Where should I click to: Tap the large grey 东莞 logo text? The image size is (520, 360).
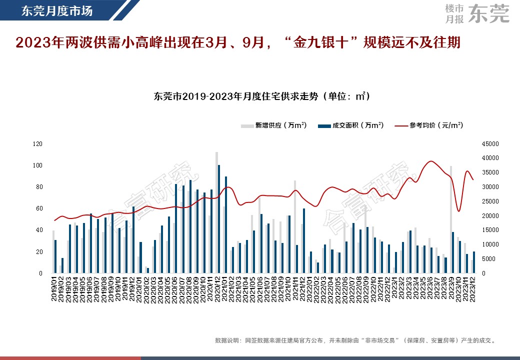(x=490, y=13)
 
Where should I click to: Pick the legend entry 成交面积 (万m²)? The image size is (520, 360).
(x=351, y=125)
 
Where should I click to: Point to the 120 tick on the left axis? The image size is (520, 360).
(x=37, y=144)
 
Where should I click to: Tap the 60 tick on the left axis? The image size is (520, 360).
(x=39, y=208)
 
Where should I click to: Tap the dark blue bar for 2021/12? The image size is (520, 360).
(x=304, y=240)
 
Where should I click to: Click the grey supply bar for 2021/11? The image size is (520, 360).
(x=295, y=227)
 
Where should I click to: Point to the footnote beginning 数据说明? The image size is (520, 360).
(x=355, y=340)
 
